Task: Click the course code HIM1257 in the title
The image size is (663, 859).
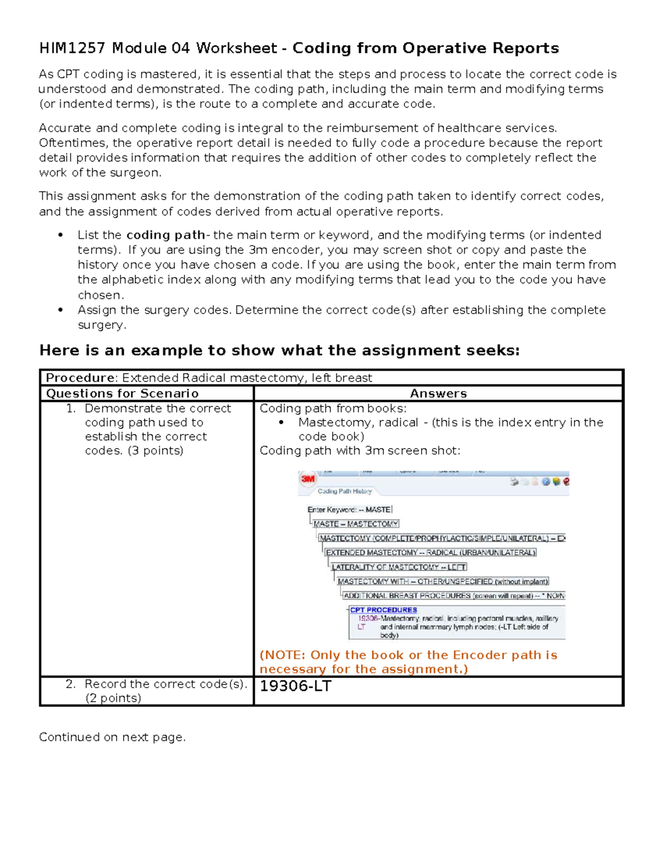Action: pyautogui.click(x=72, y=49)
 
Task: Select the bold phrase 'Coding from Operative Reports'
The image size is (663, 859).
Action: pyautogui.click(x=425, y=49)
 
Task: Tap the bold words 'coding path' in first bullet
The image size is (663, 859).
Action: pyautogui.click(x=166, y=235)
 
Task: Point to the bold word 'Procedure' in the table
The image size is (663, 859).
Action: pyautogui.click(x=81, y=378)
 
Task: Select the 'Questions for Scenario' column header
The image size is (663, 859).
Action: pyautogui.click(x=122, y=393)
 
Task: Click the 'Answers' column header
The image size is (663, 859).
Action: pyautogui.click(x=438, y=393)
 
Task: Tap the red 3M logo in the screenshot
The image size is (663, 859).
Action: pyautogui.click(x=308, y=479)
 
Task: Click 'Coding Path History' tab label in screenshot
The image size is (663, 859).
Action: pyautogui.click(x=344, y=491)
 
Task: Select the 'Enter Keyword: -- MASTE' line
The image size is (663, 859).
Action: pyautogui.click(x=349, y=509)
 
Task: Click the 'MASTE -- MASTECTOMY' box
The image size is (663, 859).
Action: pyautogui.click(x=356, y=524)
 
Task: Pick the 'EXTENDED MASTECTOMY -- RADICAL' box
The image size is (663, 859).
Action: pyautogui.click(x=430, y=553)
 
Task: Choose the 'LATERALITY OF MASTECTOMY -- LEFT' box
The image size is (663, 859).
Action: pyautogui.click(x=399, y=567)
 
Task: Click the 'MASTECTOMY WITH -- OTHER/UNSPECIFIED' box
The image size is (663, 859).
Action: pyautogui.click(x=443, y=581)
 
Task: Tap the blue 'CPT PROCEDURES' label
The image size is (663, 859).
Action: pyautogui.click(x=383, y=610)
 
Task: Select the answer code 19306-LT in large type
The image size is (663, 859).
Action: pyautogui.click(x=296, y=686)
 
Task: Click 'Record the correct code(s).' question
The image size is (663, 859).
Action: pyautogui.click(x=165, y=684)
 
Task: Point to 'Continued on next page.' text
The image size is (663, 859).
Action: pyautogui.click(x=112, y=737)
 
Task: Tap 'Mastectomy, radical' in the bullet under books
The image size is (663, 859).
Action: pyautogui.click(x=358, y=423)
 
